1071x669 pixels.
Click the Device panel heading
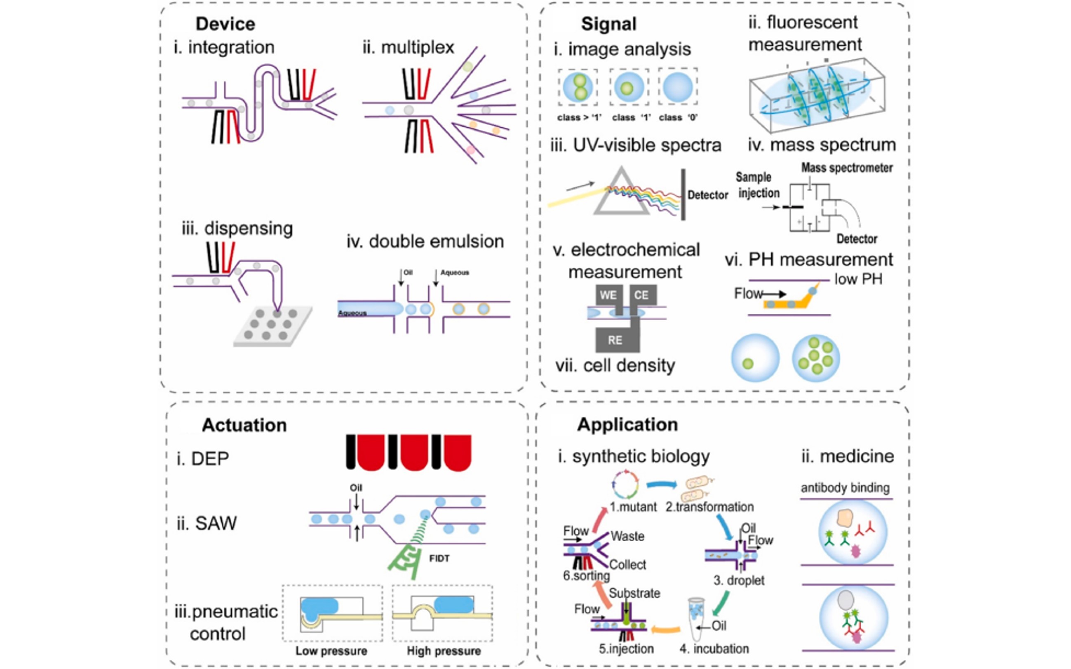coord(225,24)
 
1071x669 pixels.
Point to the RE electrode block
coord(615,340)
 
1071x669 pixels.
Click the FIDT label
coord(439,558)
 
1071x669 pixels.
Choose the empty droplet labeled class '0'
coord(677,87)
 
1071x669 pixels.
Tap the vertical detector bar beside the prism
coord(683,194)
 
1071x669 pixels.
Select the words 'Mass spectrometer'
coord(846,168)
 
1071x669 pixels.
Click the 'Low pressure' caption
coord(331,651)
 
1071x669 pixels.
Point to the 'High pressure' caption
coord(444,651)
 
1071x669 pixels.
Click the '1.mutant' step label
coord(633,507)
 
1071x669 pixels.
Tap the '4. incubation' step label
coord(714,649)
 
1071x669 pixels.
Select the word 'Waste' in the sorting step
coord(627,536)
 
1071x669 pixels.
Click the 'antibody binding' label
coord(845,488)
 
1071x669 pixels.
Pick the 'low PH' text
coord(858,279)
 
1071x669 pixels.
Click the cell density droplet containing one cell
coord(755,358)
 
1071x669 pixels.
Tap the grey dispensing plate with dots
coord(272,326)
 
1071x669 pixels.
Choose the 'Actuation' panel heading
coord(244,425)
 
